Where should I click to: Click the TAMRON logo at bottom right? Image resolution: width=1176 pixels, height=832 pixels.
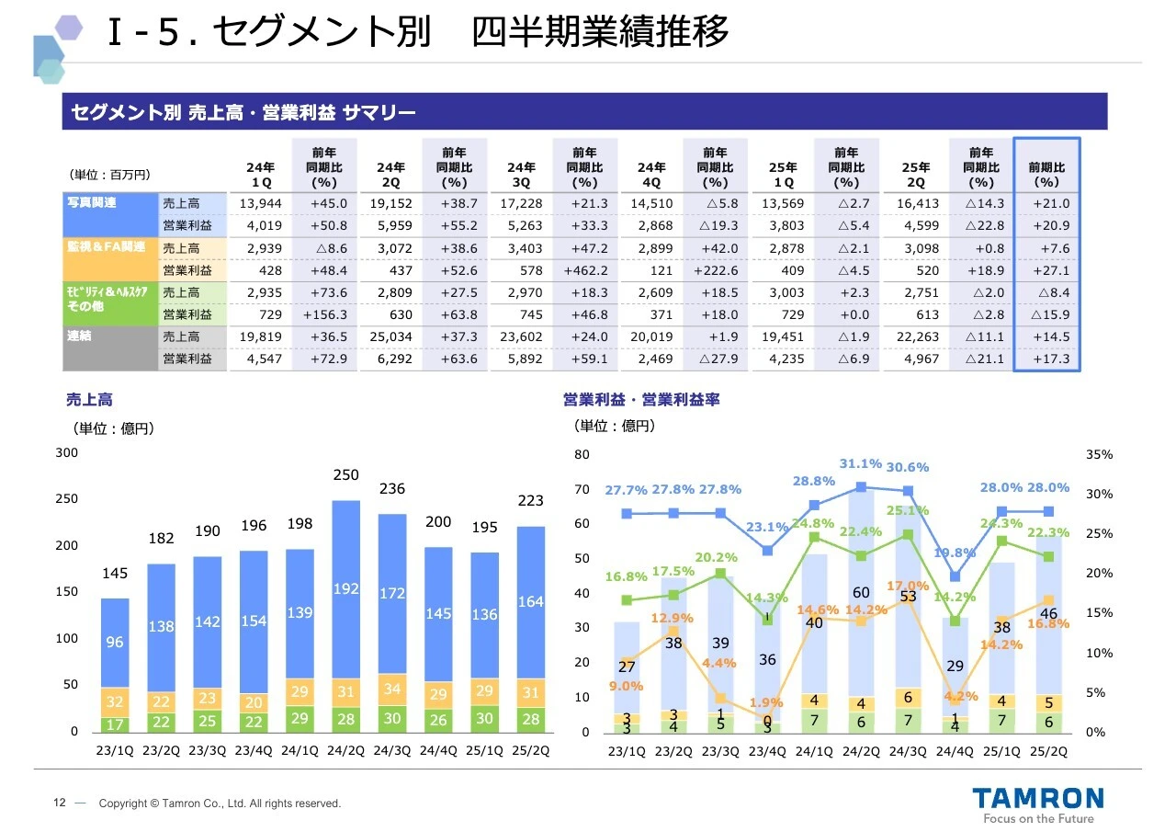pos(1039,797)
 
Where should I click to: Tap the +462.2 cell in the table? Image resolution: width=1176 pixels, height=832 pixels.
pos(584,270)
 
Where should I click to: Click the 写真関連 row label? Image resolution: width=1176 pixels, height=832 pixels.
pos(91,202)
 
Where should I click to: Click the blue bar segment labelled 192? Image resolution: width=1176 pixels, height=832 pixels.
pos(345,589)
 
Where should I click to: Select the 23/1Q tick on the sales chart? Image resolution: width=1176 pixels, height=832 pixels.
pos(115,750)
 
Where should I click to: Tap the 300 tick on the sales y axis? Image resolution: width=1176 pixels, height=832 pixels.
pos(67,453)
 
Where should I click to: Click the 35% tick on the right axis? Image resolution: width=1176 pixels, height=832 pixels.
pos(1099,454)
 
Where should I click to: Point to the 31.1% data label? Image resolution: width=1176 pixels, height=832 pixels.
pos(860,463)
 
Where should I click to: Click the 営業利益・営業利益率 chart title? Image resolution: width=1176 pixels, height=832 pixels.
pos(640,401)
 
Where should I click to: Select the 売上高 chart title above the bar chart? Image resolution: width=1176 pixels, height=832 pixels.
pos(89,401)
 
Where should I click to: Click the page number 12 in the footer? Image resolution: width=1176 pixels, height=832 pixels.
pos(59,804)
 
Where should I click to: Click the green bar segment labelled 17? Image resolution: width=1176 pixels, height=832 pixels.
pos(115,724)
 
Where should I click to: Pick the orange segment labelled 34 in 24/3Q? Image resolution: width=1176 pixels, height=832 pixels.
pos(392,689)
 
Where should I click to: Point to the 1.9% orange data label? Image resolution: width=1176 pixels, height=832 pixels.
pos(766,703)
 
